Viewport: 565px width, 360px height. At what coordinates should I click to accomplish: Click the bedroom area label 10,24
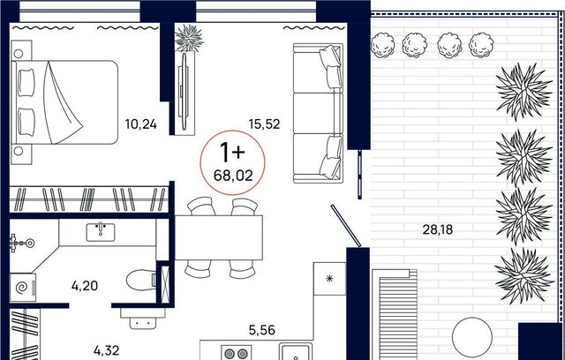(x=141, y=124)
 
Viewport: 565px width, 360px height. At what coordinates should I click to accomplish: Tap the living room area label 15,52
(x=264, y=124)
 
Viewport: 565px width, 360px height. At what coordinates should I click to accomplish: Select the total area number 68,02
(x=233, y=176)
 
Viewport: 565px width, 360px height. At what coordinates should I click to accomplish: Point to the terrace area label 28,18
(x=437, y=229)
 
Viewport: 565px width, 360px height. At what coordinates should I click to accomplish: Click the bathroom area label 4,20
(x=85, y=286)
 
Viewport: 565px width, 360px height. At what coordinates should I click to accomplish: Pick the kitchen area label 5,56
(x=262, y=330)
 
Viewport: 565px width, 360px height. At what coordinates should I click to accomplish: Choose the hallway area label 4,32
(x=106, y=350)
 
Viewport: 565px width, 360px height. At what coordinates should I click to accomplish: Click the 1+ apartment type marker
(x=232, y=152)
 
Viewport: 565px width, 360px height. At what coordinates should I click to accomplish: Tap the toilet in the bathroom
(x=141, y=280)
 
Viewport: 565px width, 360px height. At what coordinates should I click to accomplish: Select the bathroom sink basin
(x=101, y=232)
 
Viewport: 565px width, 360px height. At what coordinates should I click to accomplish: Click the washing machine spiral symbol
(x=22, y=288)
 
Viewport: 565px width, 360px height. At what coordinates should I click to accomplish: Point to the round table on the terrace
(x=472, y=337)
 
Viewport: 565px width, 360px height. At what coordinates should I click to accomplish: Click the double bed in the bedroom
(x=64, y=102)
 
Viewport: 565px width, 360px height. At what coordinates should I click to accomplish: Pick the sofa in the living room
(x=318, y=113)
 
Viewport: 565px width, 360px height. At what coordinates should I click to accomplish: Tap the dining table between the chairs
(x=219, y=237)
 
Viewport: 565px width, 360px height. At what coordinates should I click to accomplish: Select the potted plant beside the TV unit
(x=189, y=37)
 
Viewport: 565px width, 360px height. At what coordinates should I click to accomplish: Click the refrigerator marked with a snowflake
(x=329, y=278)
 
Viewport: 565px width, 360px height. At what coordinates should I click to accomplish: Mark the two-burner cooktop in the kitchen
(x=236, y=353)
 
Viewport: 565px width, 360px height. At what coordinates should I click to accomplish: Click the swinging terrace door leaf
(x=346, y=226)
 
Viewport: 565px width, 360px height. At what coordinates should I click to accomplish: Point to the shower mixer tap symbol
(x=22, y=244)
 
